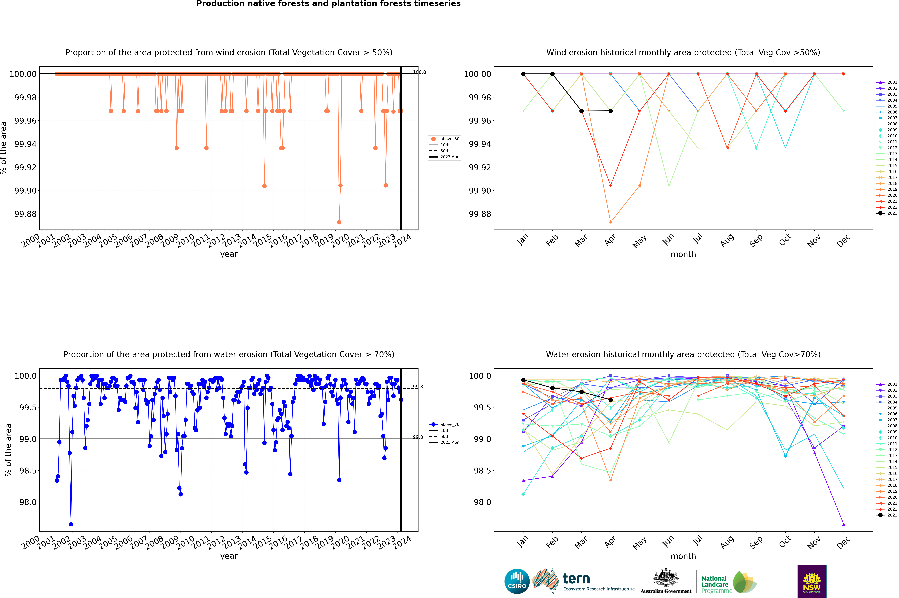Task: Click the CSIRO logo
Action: coord(517,581)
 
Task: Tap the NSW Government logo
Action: coord(812,581)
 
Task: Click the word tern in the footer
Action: coord(576,579)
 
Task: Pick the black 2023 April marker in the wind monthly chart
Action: coord(611,111)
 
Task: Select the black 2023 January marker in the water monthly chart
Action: coord(523,380)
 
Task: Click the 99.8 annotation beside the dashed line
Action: coord(418,387)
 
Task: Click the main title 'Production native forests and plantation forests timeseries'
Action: coord(328,4)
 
